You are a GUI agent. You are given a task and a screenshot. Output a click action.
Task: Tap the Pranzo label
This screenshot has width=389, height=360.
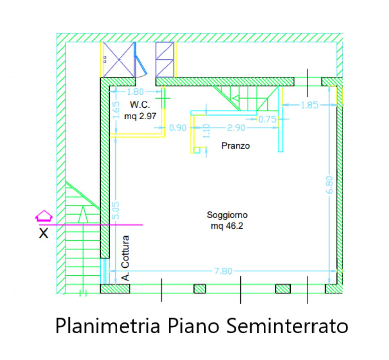click(236, 146)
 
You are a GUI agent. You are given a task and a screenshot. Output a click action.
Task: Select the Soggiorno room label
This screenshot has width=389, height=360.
click(227, 215)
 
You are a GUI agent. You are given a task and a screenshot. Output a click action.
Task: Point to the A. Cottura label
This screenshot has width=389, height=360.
click(125, 258)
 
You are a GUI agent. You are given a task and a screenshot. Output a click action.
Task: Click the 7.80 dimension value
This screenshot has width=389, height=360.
click(223, 271)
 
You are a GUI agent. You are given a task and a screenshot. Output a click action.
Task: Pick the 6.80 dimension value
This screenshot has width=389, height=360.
click(330, 184)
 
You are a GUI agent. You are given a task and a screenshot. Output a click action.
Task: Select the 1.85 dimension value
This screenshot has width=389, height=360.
click(309, 105)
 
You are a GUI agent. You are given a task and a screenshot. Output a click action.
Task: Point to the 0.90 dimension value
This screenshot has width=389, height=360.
click(178, 128)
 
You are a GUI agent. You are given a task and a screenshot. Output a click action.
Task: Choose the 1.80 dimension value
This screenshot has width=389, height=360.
click(135, 92)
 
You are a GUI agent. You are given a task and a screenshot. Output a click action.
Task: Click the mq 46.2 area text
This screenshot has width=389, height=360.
click(227, 226)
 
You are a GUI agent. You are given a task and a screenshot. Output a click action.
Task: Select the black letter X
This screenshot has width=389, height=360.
click(43, 233)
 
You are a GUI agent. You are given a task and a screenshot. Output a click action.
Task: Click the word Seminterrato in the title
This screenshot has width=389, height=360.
click(286, 326)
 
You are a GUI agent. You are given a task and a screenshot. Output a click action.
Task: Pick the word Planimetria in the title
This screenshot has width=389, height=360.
click(107, 326)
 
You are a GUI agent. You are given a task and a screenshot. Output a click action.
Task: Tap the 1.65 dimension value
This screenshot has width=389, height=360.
click(116, 111)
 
